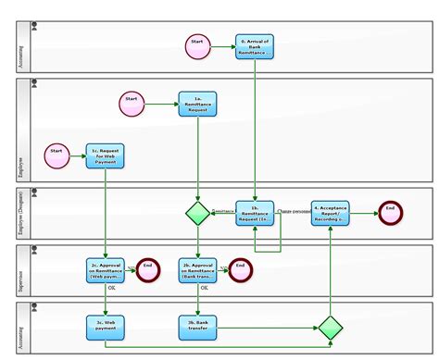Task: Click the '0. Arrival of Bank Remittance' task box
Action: [x=254, y=47]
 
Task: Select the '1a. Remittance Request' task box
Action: [x=197, y=104]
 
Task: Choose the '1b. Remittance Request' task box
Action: [x=255, y=213]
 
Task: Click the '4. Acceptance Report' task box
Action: [x=329, y=213]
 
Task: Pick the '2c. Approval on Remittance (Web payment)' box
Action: [x=105, y=269]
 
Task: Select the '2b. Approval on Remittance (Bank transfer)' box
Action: [x=197, y=269]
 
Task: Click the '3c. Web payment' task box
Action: [x=105, y=325]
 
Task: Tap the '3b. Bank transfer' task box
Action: [x=197, y=325]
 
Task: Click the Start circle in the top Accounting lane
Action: [x=196, y=47]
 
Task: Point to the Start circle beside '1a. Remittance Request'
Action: [x=132, y=104]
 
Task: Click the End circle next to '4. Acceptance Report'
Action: [x=390, y=213]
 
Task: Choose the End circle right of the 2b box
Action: [x=240, y=269]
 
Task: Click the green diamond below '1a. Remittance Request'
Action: [x=197, y=214]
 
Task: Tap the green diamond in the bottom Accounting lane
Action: [x=330, y=328]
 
